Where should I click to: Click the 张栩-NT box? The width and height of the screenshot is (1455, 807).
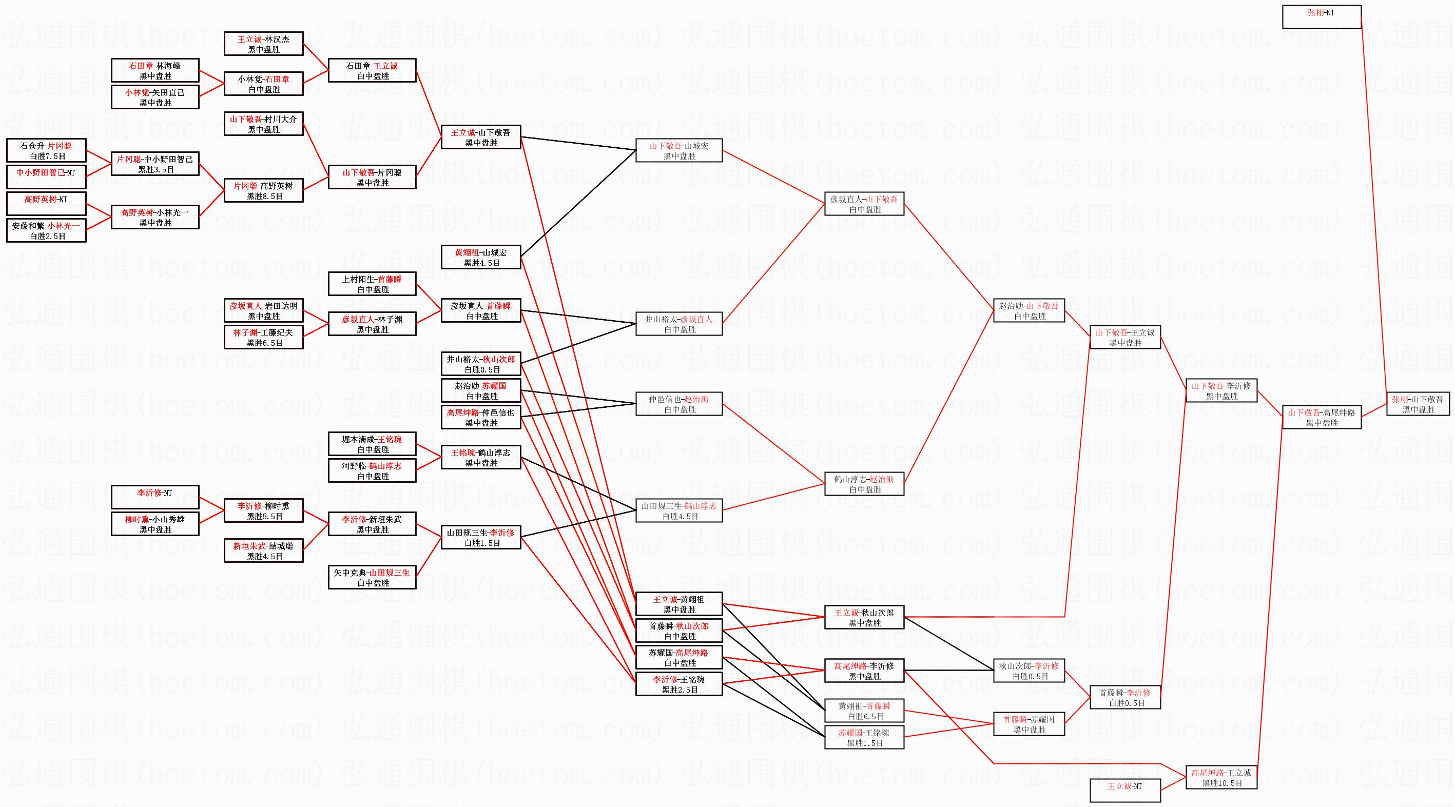pyautogui.click(x=1321, y=17)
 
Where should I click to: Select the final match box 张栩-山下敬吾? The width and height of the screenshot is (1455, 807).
pyautogui.click(x=1418, y=404)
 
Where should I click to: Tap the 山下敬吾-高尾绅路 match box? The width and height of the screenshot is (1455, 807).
pyautogui.click(x=1321, y=417)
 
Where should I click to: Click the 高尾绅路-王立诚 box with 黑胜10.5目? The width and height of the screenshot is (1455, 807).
pyautogui.click(x=1221, y=778)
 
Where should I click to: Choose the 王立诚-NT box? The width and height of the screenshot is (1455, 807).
pyautogui.click(x=1124, y=790)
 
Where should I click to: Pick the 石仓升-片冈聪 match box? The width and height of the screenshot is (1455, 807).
pyautogui.click(x=46, y=151)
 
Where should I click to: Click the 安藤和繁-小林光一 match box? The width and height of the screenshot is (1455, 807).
pyautogui.click(x=46, y=230)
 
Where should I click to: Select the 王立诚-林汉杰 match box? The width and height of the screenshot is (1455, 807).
pyautogui.click(x=263, y=44)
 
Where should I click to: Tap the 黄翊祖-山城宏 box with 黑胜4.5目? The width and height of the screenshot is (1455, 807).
pyautogui.click(x=481, y=258)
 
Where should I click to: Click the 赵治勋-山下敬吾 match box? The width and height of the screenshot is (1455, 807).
pyautogui.click(x=1029, y=310)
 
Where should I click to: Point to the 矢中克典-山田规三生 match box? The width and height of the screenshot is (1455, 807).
pyautogui.click(x=372, y=577)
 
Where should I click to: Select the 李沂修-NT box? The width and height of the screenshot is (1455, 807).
pyautogui.click(x=155, y=497)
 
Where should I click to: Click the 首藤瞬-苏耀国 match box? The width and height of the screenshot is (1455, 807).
pyautogui.click(x=1029, y=724)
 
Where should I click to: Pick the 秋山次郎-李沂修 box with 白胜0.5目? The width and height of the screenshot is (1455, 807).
pyautogui.click(x=1029, y=671)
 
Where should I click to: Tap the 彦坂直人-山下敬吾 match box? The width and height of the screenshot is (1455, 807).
pyautogui.click(x=864, y=204)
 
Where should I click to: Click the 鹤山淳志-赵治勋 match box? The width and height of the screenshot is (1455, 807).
pyautogui.click(x=864, y=484)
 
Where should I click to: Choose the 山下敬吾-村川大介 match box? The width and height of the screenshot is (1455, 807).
pyautogui.click(x=263, y=124)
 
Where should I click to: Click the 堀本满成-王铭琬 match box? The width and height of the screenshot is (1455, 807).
pyautogui.click(x=372, y=444)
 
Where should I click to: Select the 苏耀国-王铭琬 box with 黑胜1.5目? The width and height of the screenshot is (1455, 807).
pyautogui.click(x=864, y=738)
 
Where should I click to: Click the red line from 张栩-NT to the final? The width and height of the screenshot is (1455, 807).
pyautogui.click(x=1374, y=209)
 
